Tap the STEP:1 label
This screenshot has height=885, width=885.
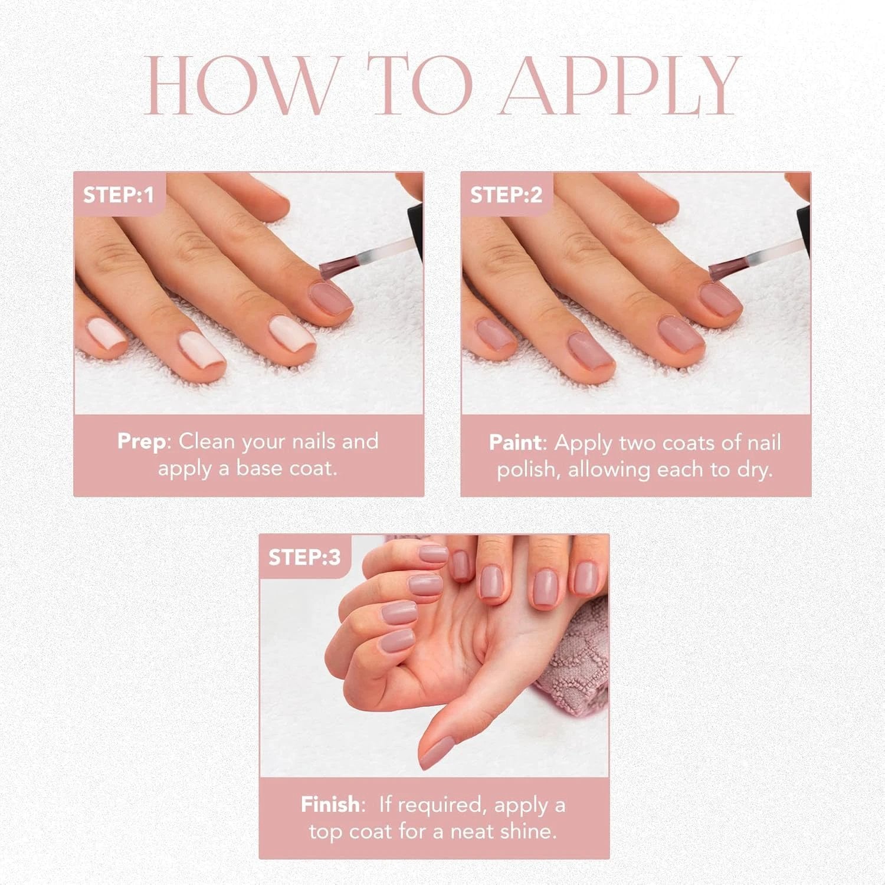pos(118,195)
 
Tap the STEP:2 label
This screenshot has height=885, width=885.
pos(506,195)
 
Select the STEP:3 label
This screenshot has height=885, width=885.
pos(304,558)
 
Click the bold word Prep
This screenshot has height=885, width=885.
pos(142,442)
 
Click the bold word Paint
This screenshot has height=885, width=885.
pos(515,443)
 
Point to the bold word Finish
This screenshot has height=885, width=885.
pos(330,805)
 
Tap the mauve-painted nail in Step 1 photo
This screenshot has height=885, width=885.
pos(330,297)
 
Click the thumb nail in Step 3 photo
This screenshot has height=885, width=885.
pos(438,754)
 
